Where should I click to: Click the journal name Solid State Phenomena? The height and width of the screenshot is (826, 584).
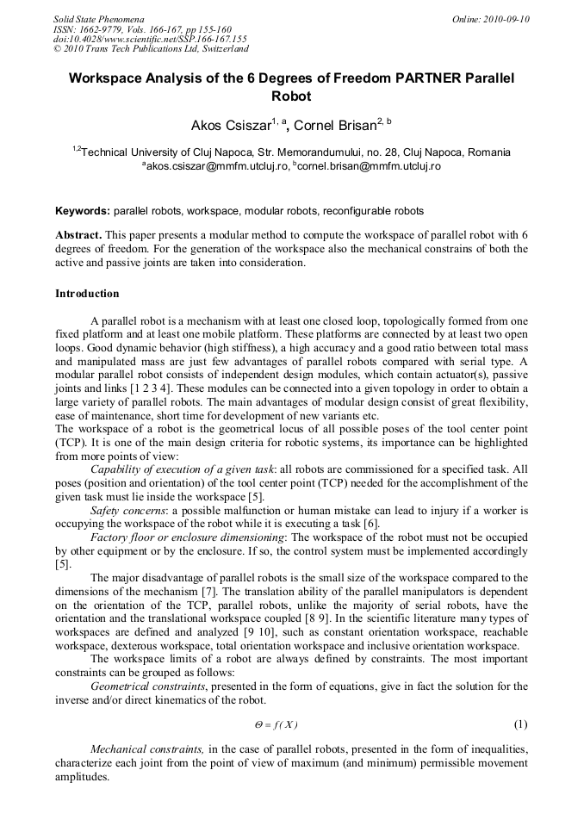[x=98, y=18]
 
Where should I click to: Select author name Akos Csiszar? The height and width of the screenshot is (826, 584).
[x=230, y=126]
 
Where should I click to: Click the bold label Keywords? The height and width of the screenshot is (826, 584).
[x=83, y=211]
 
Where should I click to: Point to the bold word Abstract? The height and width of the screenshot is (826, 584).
[x=78, y=235]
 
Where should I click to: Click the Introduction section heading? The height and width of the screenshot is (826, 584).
[x=87, y=294]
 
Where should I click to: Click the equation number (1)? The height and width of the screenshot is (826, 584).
[x=520, y=724]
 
